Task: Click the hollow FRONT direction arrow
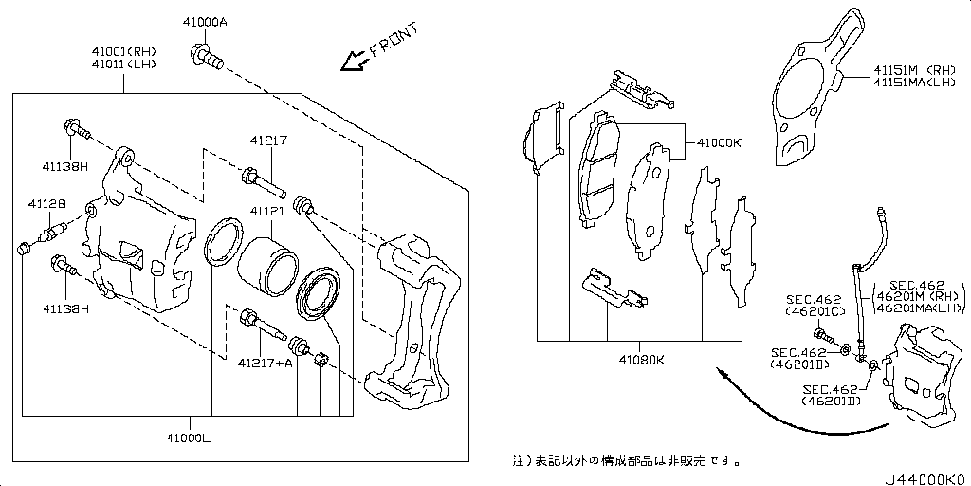(357, 61)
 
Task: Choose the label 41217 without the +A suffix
(268, 140)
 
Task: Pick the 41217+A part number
(265, 363)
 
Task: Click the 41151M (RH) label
(915, 69)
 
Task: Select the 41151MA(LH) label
(915, 83)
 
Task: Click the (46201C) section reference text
(812, 311)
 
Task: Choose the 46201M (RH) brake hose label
(918, 295)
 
